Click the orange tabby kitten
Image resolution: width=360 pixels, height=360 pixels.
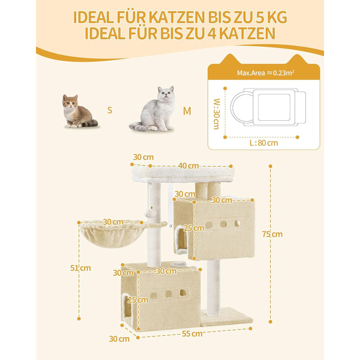tap(79, 112)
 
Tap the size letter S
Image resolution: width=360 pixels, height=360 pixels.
tap(110, 110)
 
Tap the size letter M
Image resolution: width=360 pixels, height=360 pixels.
tap(187, 111)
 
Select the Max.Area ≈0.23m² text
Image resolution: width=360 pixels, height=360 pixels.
tap(266, 73)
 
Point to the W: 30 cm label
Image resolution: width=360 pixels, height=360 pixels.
tap(217, 114)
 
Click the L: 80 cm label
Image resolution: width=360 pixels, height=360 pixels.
tap(264, 143)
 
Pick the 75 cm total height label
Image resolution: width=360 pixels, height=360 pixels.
tap(272, 234)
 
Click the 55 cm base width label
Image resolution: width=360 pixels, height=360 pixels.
tap(192, 334)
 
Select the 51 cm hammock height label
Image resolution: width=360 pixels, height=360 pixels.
tap(80, 268)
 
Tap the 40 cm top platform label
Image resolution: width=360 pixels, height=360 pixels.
tap(189, 166)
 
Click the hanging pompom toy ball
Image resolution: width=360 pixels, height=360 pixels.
tap(150, 212)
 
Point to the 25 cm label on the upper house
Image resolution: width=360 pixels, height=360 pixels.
tap(194, 228)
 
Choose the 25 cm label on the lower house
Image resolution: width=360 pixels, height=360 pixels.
tap(138, 300)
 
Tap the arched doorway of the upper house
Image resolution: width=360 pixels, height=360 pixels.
tap(181, 239)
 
